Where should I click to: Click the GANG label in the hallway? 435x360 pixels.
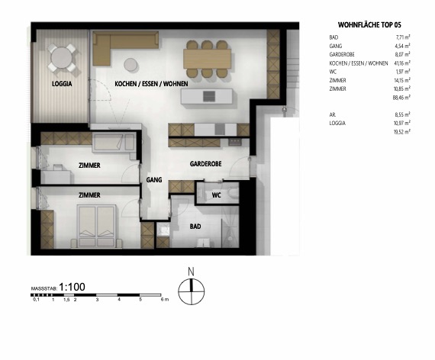(155, 179)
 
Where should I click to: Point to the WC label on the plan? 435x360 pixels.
(217, 195)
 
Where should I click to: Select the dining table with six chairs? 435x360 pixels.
(206, 54)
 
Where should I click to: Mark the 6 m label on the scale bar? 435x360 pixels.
(163, 301)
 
